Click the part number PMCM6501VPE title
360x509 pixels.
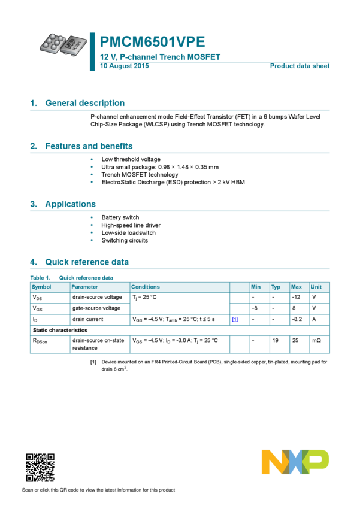coord(152,42)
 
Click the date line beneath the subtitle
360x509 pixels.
coord(125,66)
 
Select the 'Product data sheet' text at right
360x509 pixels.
coord(300,66)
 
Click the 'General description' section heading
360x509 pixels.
coord(84,103)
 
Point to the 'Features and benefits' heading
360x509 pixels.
coord(89,146)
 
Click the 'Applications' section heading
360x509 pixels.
coord(70,204)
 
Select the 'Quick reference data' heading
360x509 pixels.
coord(87,262)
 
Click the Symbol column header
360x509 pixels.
coord(41,287)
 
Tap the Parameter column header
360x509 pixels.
coord(84,287)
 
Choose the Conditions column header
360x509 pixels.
coord(146,287)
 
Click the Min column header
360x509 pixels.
coord(256,287)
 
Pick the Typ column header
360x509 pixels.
coord(276,287)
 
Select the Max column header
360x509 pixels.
coord(296,287)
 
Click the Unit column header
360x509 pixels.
coord(316,287)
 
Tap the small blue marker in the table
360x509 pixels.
coord(235,320)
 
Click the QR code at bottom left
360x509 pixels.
coord(40,467)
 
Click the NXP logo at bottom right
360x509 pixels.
coord(295,462)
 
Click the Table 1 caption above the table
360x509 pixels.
coord(72,278)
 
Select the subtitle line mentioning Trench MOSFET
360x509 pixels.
coord(161,57)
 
